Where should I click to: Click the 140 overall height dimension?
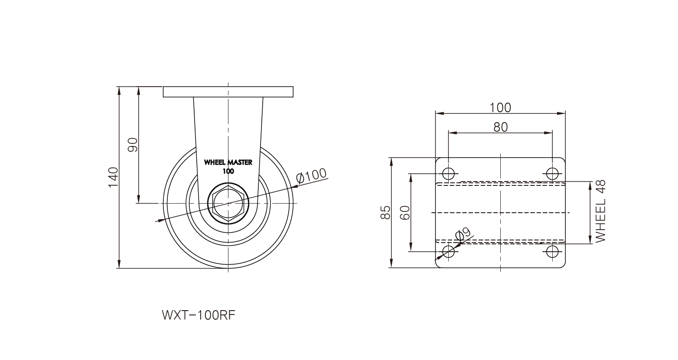pos(113,177)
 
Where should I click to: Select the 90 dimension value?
pos(133,145)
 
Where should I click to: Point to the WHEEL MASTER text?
pos(228,163)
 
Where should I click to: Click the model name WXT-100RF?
pos(198,315)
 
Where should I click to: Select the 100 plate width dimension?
pos(500,107)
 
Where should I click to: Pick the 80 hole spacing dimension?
pos(500,126)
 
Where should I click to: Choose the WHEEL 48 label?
pos(600,211)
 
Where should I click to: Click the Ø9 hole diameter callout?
pos(463,234)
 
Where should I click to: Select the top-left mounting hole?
pos(448,174)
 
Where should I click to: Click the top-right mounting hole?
pos(552,174)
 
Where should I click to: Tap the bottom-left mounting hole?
pos(448,251)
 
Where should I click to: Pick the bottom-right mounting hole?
pos(552,251)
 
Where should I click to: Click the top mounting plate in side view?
pos(228,92)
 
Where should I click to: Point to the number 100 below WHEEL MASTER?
pos(228,171)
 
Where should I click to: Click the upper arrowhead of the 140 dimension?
pos(118,90)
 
